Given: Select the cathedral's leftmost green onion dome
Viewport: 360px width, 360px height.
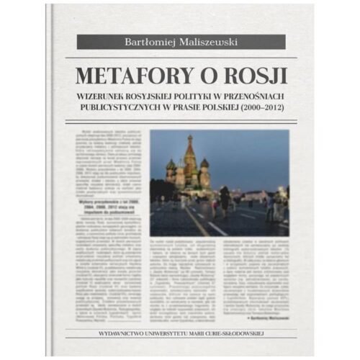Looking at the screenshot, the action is [x=171, y=165].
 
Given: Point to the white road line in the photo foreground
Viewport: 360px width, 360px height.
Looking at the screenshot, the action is [x=216, y=227].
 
